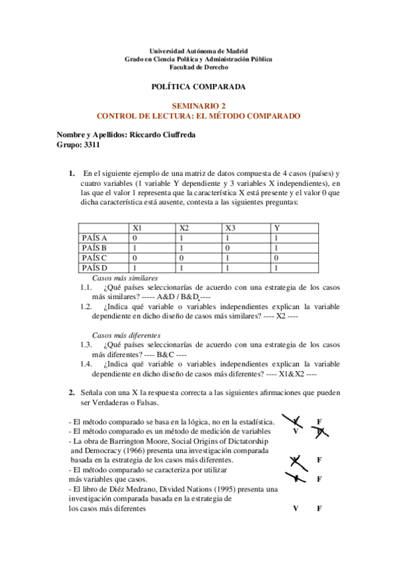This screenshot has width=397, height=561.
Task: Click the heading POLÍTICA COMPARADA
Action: (198, 87)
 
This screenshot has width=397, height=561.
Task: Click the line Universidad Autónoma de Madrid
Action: (198, 51)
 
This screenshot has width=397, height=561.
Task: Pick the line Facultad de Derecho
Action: (198, 67)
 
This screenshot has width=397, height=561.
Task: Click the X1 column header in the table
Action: (137, 228)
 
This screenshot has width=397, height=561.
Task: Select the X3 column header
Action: (230, 228)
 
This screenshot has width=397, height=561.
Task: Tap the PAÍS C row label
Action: (95, 257)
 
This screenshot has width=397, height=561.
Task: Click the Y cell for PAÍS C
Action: (276, 257)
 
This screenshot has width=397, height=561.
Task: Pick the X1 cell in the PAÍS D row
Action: (135, 267)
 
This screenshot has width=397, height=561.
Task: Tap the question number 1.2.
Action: (86, 306)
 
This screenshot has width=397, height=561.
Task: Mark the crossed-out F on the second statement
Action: (320, 431)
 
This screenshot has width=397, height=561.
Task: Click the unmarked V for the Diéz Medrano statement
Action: (296, 508)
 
